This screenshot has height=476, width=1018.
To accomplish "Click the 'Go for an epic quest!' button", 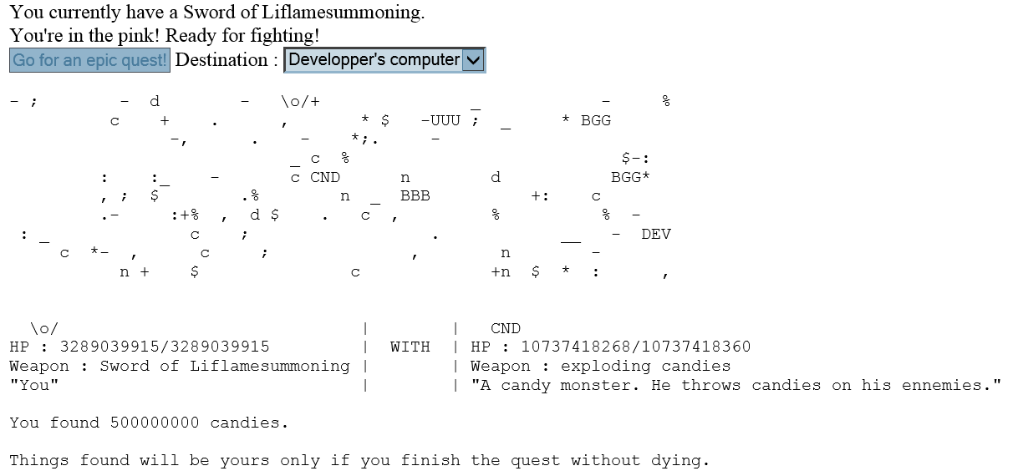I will point(89,60).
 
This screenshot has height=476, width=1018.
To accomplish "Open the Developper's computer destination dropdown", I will point(384,60).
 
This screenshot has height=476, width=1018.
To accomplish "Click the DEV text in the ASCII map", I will point(656,234).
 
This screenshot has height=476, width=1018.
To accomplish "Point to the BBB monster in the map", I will point(415,196).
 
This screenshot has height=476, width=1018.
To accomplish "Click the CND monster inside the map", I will point(325,177).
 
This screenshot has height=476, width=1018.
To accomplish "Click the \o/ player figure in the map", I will point(295,102).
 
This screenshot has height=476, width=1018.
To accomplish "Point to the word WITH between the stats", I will point(410,347).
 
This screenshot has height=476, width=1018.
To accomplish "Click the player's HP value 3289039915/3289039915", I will point(165,347).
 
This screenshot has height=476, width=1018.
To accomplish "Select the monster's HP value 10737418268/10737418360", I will point(636,347).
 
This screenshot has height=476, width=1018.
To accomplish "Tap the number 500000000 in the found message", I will point(155,423).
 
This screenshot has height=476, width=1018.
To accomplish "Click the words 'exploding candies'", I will point(645,366).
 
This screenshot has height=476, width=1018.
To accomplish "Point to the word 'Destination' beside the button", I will point(221,60).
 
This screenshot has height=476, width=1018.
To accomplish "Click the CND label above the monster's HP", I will point(506,328).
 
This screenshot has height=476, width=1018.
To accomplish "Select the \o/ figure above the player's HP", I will point(44,328).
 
